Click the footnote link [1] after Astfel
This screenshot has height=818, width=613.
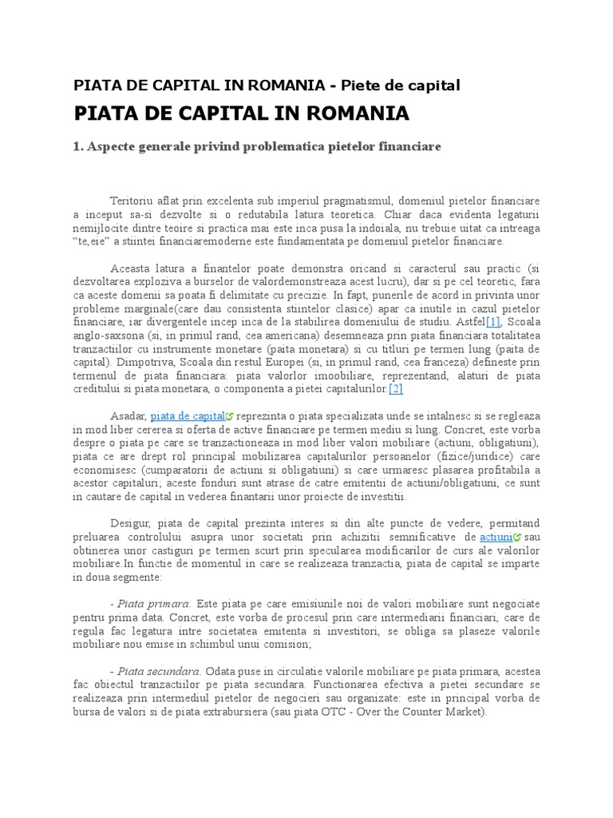coord(493,321)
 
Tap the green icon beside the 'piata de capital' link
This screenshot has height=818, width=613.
coord(230,417)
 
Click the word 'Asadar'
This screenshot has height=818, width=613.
coord(128,416)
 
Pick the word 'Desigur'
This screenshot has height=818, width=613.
coord(130,522)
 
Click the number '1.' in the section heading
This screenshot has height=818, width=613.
coord(78,147)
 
